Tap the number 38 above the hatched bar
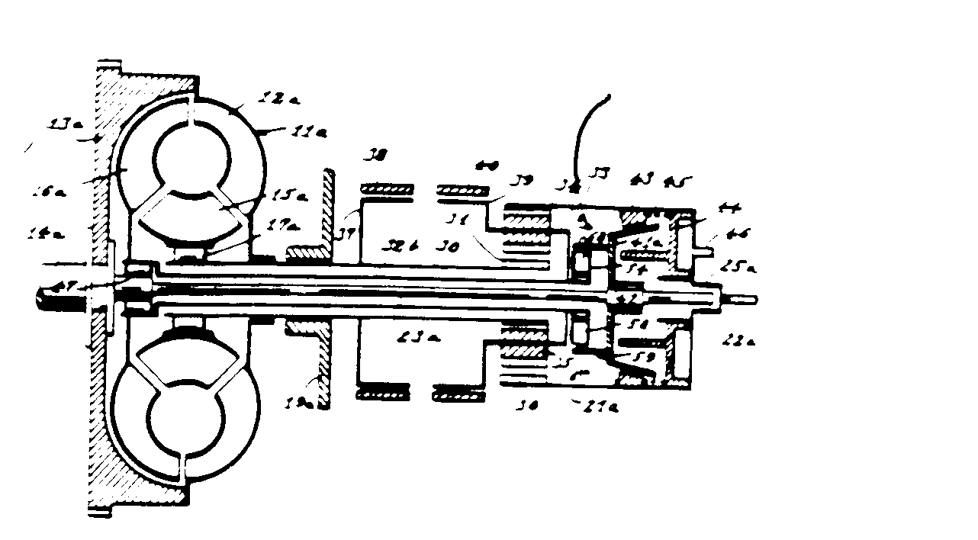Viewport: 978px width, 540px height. point(375,155)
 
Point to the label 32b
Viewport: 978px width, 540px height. point(404,246)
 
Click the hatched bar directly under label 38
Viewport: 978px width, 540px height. point(385,188)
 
